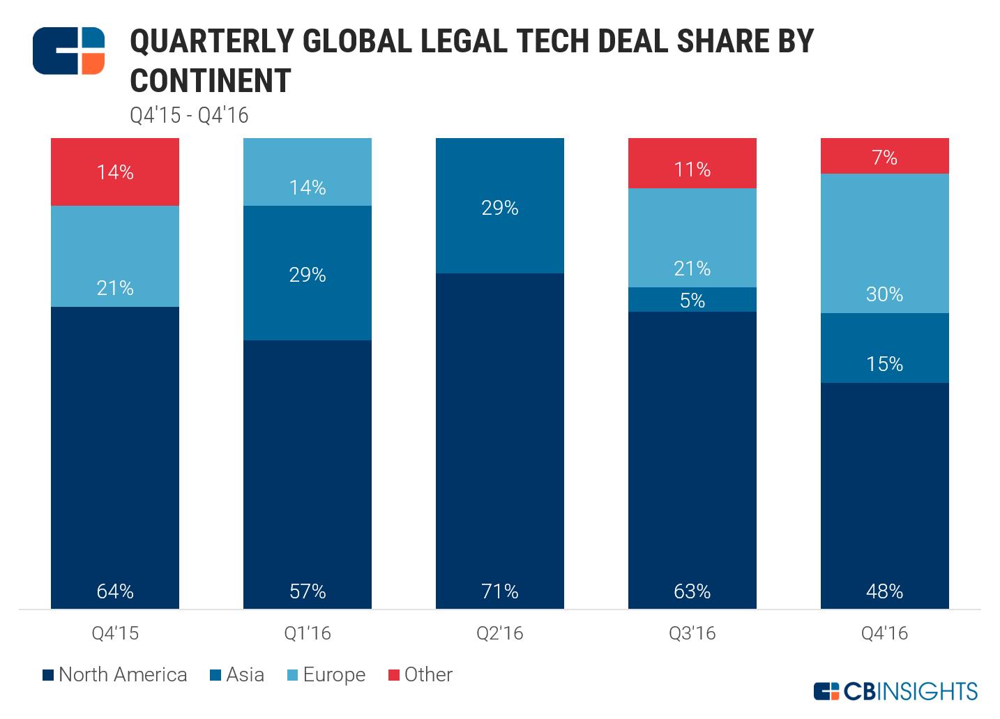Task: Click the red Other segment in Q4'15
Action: tap(115, 172)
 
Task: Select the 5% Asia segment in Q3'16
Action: tap(692, 300)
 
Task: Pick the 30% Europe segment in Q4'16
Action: tap(884, 243)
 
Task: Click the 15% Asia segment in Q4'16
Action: tap(884, 348)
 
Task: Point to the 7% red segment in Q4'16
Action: tap(884, 156)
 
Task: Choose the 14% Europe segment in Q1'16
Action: tap(307, 172)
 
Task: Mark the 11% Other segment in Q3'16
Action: tap(692, 163)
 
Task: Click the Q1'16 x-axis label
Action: tap(307, 633)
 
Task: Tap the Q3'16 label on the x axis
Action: tap(692, 633)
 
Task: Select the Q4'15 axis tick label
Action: tap(115, 633)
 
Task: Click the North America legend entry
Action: tap(115, 675)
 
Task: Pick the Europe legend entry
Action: tap(326, 675)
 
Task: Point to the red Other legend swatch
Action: tap(393, 675)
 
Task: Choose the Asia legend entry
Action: tap(237, 675)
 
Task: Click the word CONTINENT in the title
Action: tap(211, 81)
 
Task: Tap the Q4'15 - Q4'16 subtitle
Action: tap(189, 115)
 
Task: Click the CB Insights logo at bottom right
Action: tap(895, 691)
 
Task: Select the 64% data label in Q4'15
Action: tap(115, 591)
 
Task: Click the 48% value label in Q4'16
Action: tap(884, 591)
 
